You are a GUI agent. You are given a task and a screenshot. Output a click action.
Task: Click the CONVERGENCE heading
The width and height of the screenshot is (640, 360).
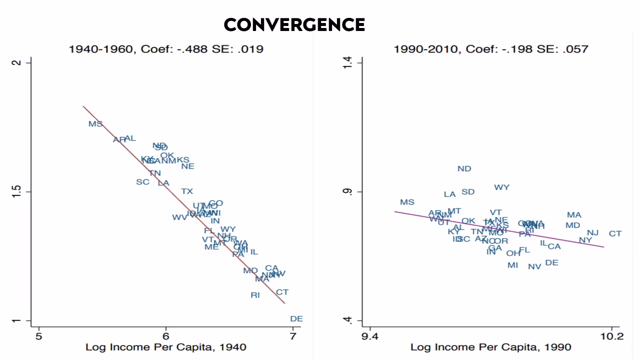coord(294,24)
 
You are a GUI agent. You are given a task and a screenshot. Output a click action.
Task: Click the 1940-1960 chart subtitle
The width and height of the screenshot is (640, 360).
coord(166,49)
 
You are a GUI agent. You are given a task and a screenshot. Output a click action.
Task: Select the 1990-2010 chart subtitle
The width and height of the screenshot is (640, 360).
coord(491,49)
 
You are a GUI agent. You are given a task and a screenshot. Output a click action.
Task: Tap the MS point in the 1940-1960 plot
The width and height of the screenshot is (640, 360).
coord(95,124)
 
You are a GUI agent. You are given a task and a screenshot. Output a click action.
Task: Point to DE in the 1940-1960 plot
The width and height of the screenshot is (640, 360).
coord(296,319)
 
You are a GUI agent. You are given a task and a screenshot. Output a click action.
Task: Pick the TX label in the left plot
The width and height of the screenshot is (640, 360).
coord(187,191)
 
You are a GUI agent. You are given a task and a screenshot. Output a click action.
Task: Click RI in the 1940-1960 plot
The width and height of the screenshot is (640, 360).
coord(255,295)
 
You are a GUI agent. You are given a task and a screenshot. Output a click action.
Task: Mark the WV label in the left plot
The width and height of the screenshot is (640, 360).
coord(179,217)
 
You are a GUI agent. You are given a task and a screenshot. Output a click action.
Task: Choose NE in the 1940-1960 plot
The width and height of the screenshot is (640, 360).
coord(188,166)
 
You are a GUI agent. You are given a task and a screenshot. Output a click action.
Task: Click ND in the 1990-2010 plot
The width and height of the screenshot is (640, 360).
coord(464,169)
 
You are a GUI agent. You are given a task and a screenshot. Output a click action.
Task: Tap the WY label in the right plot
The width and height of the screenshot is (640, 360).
coord(502,187)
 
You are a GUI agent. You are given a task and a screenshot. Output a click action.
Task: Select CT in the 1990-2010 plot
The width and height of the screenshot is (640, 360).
coord(615,234)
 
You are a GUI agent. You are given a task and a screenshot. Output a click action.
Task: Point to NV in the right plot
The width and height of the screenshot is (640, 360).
coord(534,267)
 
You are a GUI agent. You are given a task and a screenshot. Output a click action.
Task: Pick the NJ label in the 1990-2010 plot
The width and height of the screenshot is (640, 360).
coord(592,233)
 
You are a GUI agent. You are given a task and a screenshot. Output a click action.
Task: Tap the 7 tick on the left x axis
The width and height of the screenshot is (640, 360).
coord(292,336)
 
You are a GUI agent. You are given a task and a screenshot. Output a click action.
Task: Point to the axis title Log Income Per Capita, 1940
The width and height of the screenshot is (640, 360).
coord(166,347)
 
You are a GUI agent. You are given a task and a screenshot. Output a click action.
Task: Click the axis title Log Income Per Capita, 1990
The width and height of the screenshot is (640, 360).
coord(491,347)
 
